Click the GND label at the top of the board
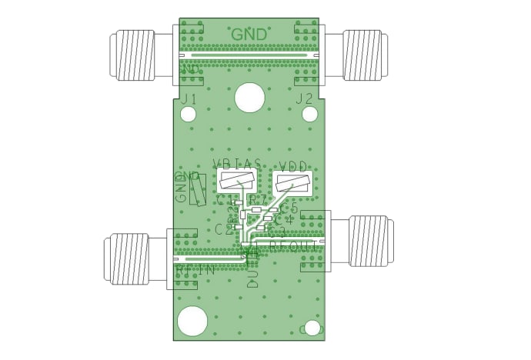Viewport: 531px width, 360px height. pos(249,35)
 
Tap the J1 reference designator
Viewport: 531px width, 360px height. pos(189,98)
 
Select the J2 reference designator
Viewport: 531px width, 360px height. pos(304,98)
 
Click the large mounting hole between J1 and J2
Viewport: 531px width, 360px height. pos(249,98)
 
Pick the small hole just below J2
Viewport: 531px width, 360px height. pos(310,115)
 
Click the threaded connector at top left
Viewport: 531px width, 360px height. pos(137,55)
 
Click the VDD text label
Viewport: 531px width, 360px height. pos(295,165)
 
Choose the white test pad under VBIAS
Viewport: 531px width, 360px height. pos(239,183)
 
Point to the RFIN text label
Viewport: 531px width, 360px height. pos(195,271)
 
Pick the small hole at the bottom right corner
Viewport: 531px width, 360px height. pos(312,328)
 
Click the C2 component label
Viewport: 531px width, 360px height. pos(223,228)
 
